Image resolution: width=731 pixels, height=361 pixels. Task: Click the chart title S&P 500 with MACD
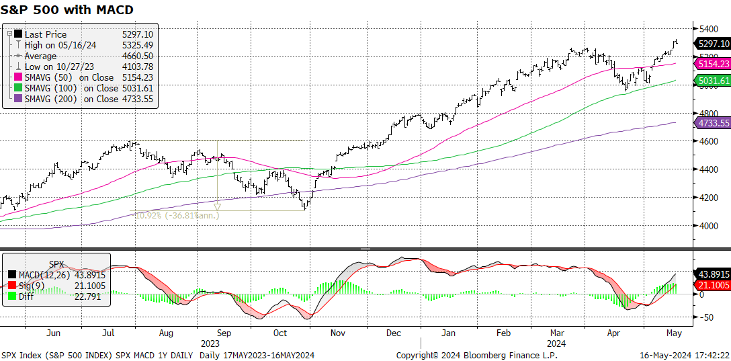coord(68,10)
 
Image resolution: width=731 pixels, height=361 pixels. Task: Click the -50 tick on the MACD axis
coord(705,317)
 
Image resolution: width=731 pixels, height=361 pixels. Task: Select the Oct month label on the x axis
coord(280,333)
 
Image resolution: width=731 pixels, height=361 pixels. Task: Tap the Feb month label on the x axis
coord(504,333)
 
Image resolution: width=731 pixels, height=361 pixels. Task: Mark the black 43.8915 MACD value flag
coord(714,274)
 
